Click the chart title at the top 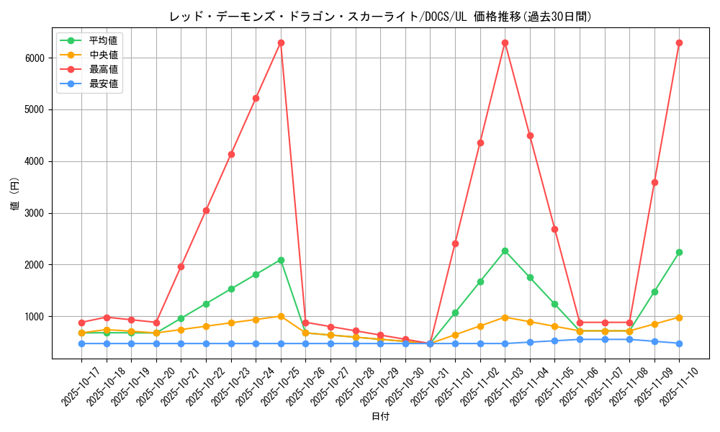(x=380, y=17)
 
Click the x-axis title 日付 (x=380, y=417)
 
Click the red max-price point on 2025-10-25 (x=281, y=42)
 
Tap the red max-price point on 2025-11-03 (x=505, y=42)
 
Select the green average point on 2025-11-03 (x=505, y=251)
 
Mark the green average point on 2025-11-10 (x=679, y=252)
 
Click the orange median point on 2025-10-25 (x=281, y=316)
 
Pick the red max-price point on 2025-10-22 (x=206, y=210)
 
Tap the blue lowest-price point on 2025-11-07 (x=605, y=339)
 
